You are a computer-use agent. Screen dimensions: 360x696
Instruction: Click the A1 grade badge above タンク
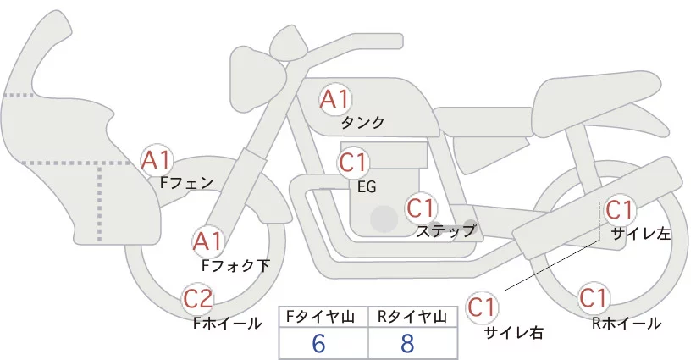click(334, 100)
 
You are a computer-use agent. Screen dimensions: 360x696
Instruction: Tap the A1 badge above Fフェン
click(157, 159)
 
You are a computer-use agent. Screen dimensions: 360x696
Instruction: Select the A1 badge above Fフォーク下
click(208, 241)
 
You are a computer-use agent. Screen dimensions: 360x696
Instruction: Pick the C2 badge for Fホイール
click(199, 299)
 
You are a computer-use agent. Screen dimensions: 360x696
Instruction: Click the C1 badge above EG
click(353, 163)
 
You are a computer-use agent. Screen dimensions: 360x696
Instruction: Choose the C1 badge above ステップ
click(421, 208)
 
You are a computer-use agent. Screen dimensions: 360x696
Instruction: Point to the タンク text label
click(363, 123)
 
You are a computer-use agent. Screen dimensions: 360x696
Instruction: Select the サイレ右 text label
click(514, 332)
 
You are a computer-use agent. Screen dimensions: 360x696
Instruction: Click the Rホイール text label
click(627, 323)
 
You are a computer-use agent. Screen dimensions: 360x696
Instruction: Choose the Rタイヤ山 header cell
click(414, 317)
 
